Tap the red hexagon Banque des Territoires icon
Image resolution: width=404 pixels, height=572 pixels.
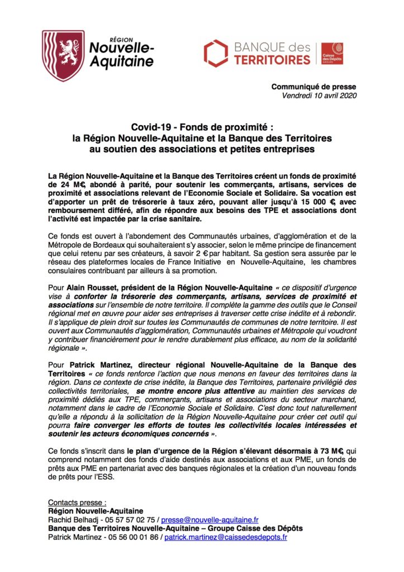pos(216,53)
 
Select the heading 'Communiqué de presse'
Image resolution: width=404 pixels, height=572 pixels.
pos(313,87)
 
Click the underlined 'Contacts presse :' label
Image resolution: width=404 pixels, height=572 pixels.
pos(77,502)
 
